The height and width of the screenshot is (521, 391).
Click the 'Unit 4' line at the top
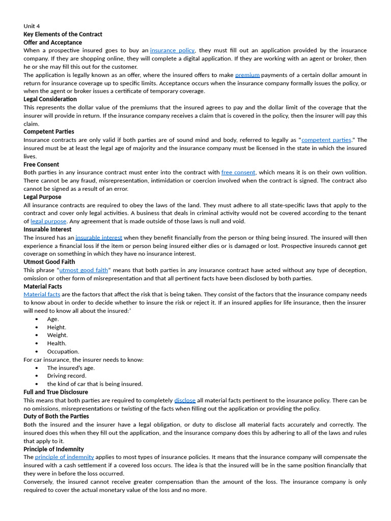click(32, 26)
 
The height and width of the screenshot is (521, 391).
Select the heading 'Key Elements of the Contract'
click(63, 34)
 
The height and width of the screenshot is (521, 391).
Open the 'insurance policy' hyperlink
click(173, 50)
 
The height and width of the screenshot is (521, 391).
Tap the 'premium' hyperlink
click(247, 75)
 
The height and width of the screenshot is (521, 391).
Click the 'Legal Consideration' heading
click(50, 99)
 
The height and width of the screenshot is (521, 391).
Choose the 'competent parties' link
click(326, 140)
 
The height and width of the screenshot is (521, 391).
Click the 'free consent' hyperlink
click(238, 172)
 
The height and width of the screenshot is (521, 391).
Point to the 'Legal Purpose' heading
click(42, 197)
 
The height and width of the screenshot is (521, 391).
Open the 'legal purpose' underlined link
click(48, 221)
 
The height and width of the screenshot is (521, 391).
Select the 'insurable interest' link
click(99, 238)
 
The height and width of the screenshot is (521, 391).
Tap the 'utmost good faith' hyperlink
click(83, 270)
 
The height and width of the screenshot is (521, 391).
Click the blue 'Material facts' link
click(42, 294)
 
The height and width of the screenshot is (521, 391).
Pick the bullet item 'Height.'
click(57, 327)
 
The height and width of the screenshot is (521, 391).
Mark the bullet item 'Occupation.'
click(63, 352)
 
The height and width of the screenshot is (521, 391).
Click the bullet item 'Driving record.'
click(67, 376)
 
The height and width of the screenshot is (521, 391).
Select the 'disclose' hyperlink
click(185, 400)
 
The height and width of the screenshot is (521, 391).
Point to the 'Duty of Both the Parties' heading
click(56, 416)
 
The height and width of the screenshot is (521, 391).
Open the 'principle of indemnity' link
click(64, 457)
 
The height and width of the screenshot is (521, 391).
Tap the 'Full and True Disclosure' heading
click(55, 392)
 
